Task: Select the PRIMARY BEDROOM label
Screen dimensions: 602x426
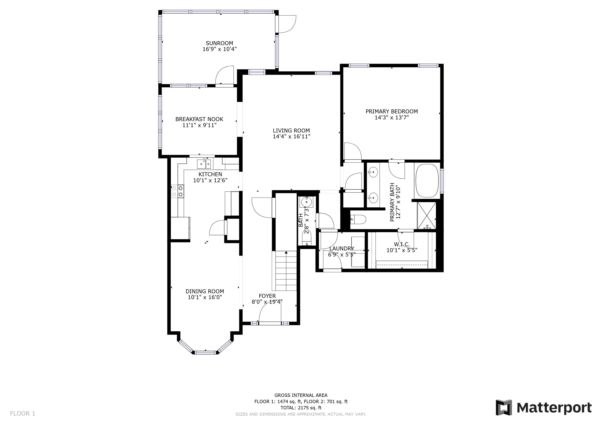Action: click(392, 111)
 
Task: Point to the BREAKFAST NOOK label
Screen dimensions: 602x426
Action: click(199, 119)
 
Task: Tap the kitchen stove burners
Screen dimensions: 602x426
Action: click(178, 191)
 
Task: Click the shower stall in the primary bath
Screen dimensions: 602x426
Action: click(427, 216)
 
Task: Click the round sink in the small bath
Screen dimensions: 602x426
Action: click(306, 202)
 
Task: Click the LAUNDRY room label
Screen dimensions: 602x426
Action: click(342, 248)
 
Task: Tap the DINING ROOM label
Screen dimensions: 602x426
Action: click(205, 291)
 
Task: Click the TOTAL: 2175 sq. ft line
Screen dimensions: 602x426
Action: click(301, 408)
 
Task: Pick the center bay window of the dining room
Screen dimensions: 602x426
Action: click(206, 352)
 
